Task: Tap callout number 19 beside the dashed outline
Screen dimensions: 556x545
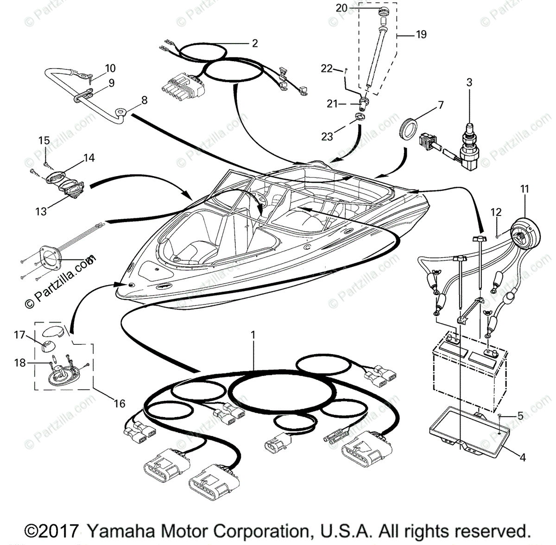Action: pos(421,34)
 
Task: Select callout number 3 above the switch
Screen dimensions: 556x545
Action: pos(469,83)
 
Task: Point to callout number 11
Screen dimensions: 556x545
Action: pos(524,189)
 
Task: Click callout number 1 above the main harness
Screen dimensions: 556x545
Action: pos(253,334)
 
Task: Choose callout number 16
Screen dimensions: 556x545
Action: pos(120,403)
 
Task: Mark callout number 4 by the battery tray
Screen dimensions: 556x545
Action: pos(523,457)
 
